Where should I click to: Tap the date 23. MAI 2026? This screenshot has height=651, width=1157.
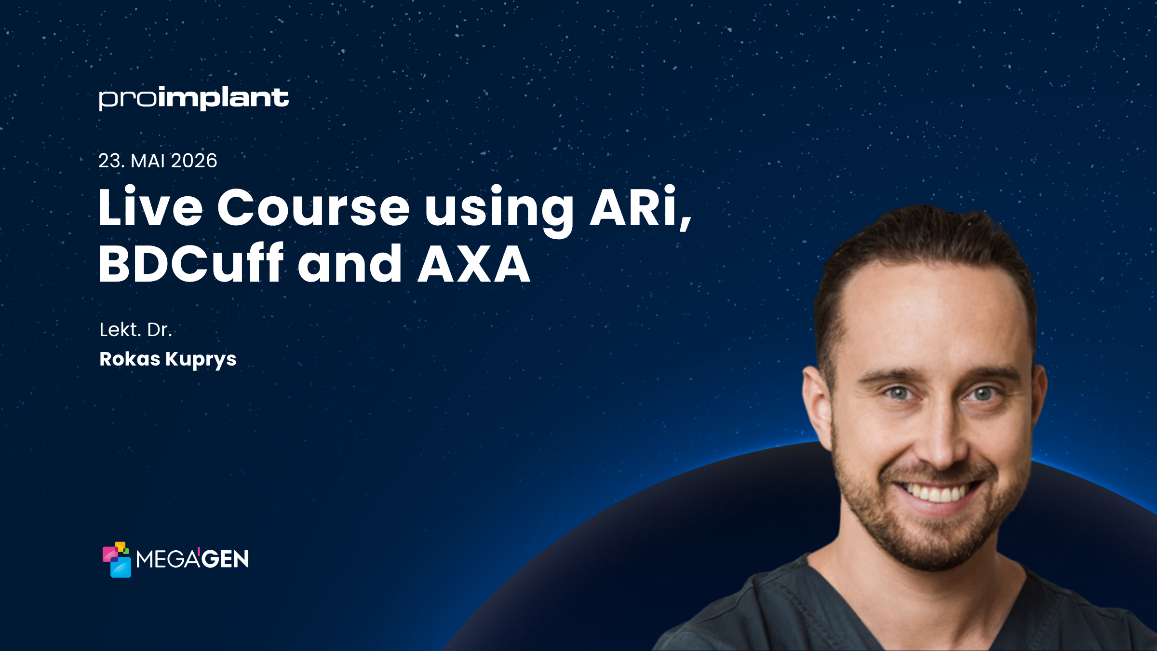(x=158, y=161)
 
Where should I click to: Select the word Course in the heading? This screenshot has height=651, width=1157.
(x=313, y=207)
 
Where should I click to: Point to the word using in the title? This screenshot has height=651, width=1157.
(x=499, y=210)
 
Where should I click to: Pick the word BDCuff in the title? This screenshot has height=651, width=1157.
(x=191, y=264)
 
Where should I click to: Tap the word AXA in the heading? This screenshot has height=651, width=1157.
(x=474, y=264)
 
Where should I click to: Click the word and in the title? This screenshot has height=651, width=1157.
(x=350, y=264)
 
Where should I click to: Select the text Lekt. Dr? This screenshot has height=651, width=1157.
(x=135, y=330)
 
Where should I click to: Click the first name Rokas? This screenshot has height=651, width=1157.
(x=130, y=359)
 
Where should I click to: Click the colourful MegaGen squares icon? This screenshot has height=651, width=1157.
(x=117, y=559)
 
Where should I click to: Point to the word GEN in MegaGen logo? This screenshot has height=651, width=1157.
(x=225, y=559)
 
